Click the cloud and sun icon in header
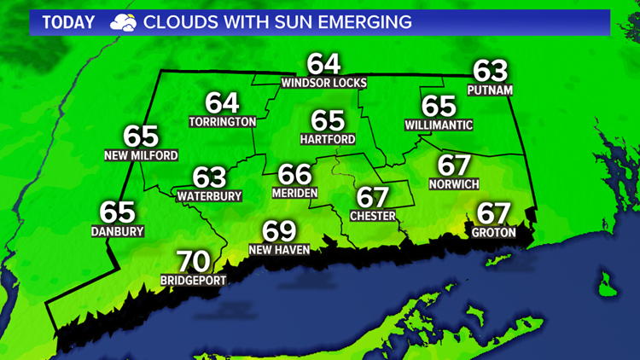pyautogui.click(x=122, y=22)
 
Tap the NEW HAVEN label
pyautogui.click(x=279, y=250)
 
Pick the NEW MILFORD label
pyautogui.click(x=141, y=155)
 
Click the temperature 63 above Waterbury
pyautogui.click(x=209, y=177)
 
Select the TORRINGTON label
pyautogui.click(x=222, y=122)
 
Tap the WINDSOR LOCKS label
pyautogui.click(x=323, y=83)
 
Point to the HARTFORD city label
pyautogui.click(x=328, y=138)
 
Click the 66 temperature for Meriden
pyautogui.click(x=295, y=175)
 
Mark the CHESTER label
pyautogui.click(x=373, y=216)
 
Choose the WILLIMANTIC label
pyautogui.click(x=439, y=125)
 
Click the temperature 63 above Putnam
pyautogui.click(x=490, y=71)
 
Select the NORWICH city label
pyautogui.click(x=455, y=183)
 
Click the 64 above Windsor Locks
pyautogui.click(x=324, y=64)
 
